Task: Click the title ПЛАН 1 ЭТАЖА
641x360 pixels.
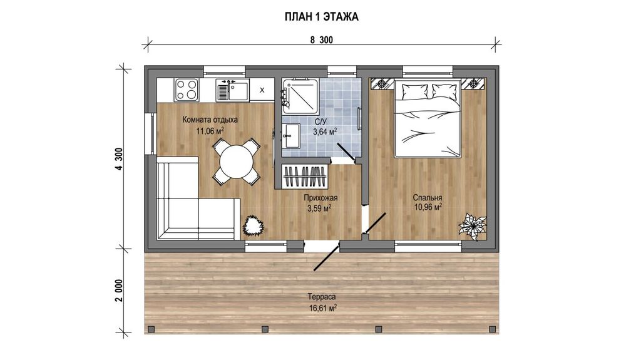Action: pos(321,17)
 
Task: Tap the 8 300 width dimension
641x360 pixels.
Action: pos(321,39)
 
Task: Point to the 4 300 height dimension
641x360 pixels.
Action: pos(119,158)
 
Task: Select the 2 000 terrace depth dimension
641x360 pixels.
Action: pos(119,291)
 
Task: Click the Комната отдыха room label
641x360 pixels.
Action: pos(210,120)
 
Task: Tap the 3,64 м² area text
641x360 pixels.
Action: pos(325,131)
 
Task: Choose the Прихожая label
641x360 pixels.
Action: pos(320,198)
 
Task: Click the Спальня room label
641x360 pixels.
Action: pos(427,198)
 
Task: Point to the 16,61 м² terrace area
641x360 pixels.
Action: pos(323,307)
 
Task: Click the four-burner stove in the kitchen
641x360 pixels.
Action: pos(187,90)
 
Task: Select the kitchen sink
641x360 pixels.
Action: pos(232,90)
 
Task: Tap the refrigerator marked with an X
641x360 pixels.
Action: pos(262,90)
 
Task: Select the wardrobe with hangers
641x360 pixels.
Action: pos(305,177)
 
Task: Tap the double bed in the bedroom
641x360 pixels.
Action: pos(428,119)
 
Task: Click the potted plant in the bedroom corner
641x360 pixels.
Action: pos(473,225)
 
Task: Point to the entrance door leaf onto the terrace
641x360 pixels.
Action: pos(326,256)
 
